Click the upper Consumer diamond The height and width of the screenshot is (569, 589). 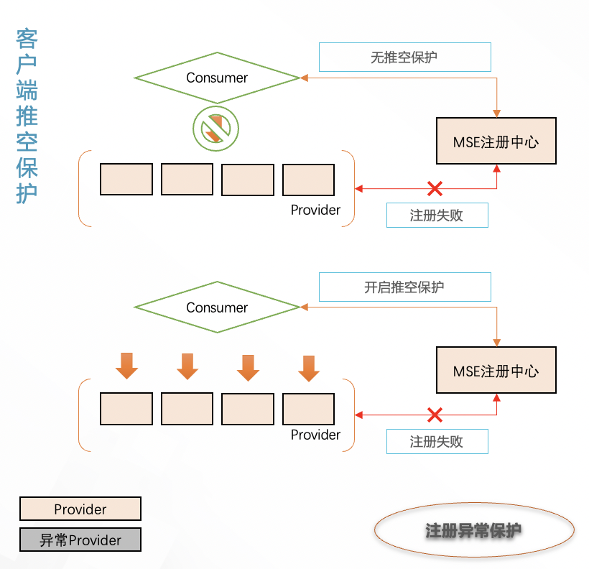pyautogui.click(x=217, y=78)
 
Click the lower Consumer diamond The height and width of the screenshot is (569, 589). pyautogui.click(x=217, y=307)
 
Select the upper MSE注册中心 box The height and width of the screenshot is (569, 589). pyautogui.click(x=496, y=142)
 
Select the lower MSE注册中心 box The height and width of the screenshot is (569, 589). pyautogui.click(x=496, y=371)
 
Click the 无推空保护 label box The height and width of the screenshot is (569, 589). pyautogui.click(x=404, y=57)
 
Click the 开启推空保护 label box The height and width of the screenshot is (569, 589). pyautogui.click(x=404, y=287)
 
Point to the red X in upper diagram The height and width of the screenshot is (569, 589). pyautogui.click(x=435, y=189)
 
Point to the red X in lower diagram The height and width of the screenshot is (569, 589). pyautogui.click(x=435, y=415)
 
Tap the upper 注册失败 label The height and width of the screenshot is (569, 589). pyautogui.click(x=437, y=216)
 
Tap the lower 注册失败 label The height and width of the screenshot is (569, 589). pyautogui.click(x=437, y=442)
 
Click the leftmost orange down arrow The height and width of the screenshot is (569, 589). pyautogui.click(x=126, y=366)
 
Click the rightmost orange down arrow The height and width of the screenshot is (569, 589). pyautogui.click(x=309, y=368)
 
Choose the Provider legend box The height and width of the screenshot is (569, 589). pyautogui.click(x=80, y=509)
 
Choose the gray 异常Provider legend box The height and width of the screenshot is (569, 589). pyautogui.click(x=80, y=540)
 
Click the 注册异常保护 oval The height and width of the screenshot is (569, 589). pyautogui.click(x=474, y=531)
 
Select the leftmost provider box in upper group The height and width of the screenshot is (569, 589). pyautogui.click(x=126, y=180)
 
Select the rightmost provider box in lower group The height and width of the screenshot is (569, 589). pyautogui.click(x=309, y=409)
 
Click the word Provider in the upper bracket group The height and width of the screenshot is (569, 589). pyautogui.click(x=315, y=210)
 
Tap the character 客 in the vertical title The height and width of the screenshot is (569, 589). pyautogui.click(x=27, y=40)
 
